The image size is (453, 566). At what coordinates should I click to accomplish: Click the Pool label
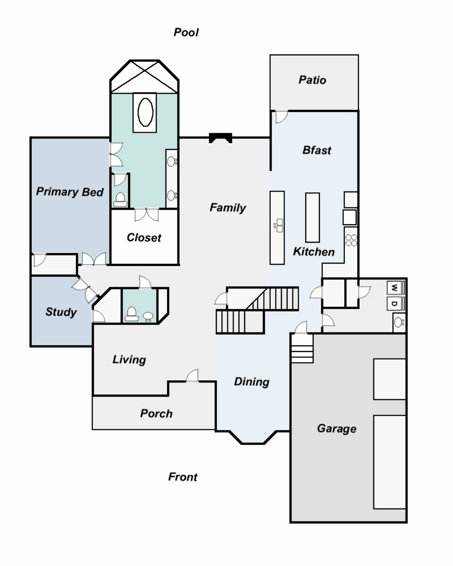tap(186, 32)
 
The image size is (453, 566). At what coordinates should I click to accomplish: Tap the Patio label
tap(312, 80)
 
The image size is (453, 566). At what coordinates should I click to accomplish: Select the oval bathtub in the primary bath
tap(145, 112)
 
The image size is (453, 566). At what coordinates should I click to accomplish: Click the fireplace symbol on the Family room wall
tap(221, 138)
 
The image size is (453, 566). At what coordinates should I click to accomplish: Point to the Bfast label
tap(317, 150)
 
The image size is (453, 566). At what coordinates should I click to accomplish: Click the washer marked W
tap(395, 287)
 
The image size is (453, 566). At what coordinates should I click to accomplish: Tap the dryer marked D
tap(395, 303)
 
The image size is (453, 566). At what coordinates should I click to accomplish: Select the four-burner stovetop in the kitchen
tap(351, 240)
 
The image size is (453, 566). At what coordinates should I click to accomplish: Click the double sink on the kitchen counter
tap(279, 226)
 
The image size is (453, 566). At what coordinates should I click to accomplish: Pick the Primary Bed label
tap(70, 192)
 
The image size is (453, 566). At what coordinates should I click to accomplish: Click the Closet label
tap(144, 237)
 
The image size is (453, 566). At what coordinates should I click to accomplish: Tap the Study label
tap(61, 312)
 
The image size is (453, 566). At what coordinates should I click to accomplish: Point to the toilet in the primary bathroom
tap(120, 199)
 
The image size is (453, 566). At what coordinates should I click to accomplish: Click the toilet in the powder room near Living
tap(131, 314)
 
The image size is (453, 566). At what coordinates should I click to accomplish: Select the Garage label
tap(337, 428)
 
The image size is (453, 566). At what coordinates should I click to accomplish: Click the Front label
tap(183, 477)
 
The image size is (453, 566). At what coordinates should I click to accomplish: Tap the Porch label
tap(156, 413)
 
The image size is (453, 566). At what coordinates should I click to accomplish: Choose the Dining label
tap(252, 382)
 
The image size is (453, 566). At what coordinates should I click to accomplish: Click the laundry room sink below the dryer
tap(399, 322)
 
